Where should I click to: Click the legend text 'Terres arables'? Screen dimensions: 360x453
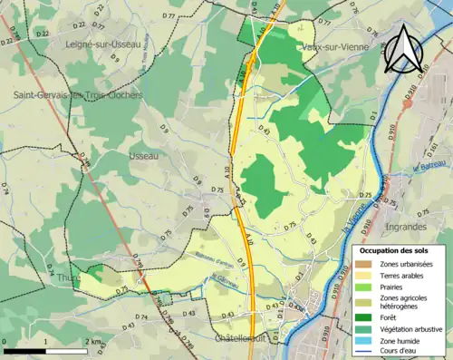click(x=402, y=274)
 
